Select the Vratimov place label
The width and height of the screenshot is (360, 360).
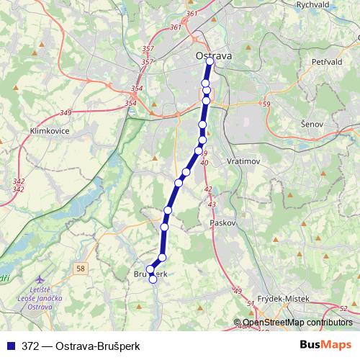(x=243, y=162)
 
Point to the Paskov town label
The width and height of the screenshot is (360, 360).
(x=223, y=223)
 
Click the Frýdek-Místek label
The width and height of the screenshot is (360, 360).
(x=283, y=298)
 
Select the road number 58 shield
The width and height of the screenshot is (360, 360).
(x=79, y=268)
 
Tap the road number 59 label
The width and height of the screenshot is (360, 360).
(x=266, y=105)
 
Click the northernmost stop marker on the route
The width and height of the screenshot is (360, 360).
(x=210, y=62)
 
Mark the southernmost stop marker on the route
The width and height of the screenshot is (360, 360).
(x=153, y=280)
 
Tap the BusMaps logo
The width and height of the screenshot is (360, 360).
(x=325, y=345)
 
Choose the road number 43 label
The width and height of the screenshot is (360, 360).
(x=212, y=205)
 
